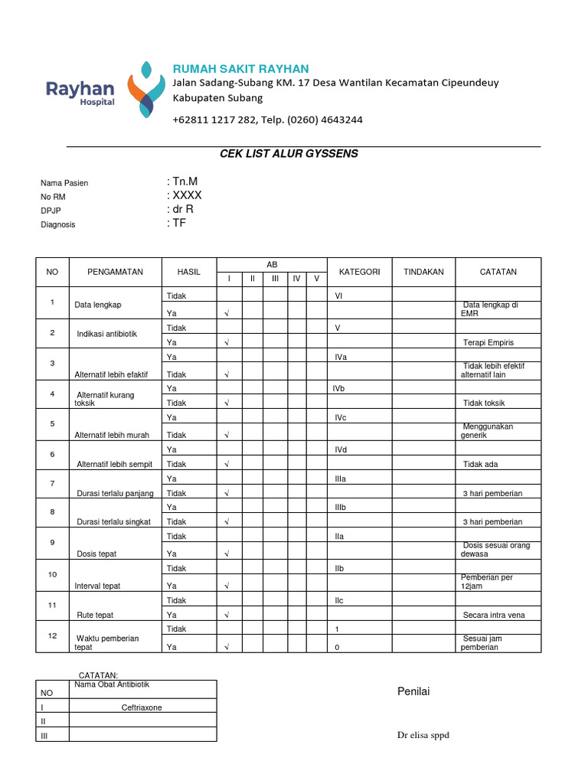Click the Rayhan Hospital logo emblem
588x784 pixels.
pyautogui.click(x=145, y=88)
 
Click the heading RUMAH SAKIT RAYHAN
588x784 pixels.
pyautogui.click(x=241, y=69)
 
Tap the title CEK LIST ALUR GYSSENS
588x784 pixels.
pyautogui.click(x=289, y=154)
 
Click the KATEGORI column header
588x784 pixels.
pyautogui.click(x=359, y=272)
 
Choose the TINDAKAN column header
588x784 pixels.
pyautogui.click(x=423, y=272)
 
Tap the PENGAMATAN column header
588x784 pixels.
pyautogui.click(x=115, y=272)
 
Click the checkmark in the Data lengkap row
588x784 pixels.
pyautogui.click(x=227, y=313)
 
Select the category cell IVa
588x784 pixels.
pyautogui.click(x=341, y=358)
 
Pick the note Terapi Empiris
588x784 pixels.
pyautogui.click(x=488, y=342)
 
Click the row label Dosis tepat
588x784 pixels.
pyautogui.click(x=97, y=554)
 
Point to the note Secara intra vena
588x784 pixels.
pyautogui.click(x=494, y=615)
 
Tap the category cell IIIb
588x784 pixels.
pyautogui.click(x=341, y=508)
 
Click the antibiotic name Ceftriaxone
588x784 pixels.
pyautogui.click(x=142, y=707)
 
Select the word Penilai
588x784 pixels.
pyautogui.click(x=413, y=692)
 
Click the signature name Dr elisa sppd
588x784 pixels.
pyautogui.click(x=423, y=736)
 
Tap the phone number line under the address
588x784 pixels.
pyautogui.click(x=267, y=120)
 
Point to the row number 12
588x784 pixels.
pyautogui.click(x=52, y=635)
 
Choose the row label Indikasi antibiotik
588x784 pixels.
pyautogui.click(x=106, y=335)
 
